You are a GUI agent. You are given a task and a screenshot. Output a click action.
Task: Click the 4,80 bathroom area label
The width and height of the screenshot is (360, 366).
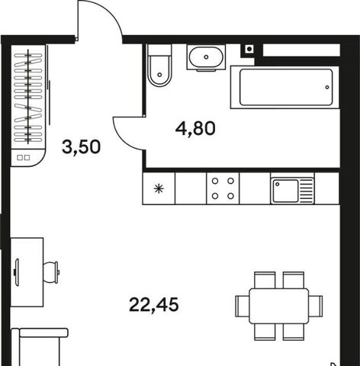(195, 128)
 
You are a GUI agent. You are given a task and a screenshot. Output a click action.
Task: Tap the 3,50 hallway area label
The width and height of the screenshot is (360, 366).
(81, 147)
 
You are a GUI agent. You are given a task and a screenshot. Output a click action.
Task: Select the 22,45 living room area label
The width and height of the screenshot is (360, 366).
(154, 305)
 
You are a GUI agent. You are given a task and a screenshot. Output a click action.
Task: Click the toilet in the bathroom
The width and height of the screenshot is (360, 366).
(159, 66)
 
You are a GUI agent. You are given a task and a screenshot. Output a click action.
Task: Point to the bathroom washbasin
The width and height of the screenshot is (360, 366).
(206, 57)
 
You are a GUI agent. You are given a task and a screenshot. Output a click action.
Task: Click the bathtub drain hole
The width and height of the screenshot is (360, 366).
(327, 87)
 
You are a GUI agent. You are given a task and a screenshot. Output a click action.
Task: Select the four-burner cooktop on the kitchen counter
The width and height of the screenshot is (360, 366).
(223, 188)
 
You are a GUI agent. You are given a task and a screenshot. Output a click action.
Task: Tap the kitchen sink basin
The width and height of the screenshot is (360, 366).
(285, 191)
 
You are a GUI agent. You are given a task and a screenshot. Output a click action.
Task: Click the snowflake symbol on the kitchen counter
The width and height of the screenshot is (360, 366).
(159, 189)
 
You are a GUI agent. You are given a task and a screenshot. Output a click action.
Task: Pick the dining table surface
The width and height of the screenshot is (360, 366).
(279, 306)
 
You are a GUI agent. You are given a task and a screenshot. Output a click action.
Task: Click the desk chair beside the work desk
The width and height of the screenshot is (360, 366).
(51, 272)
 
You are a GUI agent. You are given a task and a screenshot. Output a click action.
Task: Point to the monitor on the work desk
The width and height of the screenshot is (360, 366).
(17, 272)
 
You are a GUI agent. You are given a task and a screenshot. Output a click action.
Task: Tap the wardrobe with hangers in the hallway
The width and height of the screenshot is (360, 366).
(28, 97)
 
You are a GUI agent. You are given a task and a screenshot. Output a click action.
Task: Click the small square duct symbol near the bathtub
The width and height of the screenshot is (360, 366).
(249, 49)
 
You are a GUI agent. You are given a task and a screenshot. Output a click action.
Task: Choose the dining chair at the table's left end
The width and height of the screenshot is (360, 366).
(243, 306)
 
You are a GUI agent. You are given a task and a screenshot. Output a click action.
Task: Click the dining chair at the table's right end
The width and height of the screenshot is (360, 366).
(316, 306)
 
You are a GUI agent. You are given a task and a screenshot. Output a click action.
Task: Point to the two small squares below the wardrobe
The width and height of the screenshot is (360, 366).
(23, 158)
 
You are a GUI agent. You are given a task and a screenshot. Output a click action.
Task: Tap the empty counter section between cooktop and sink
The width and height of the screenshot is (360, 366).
(255, 188)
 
